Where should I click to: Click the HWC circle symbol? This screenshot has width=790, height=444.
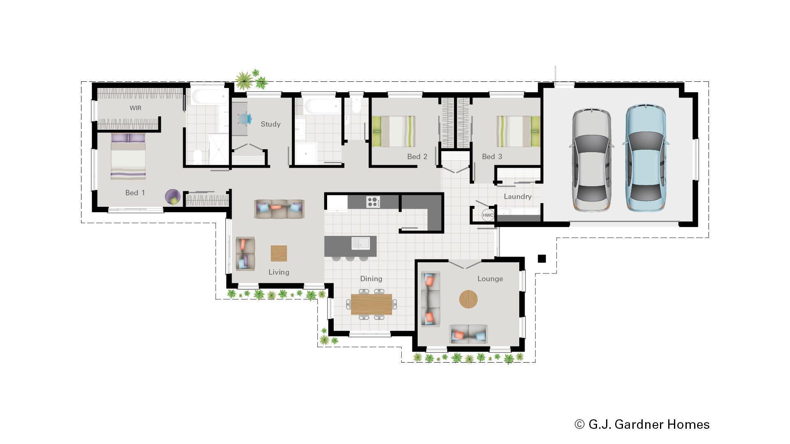pos(488,215)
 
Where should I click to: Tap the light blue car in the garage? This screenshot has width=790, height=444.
pos(645,158)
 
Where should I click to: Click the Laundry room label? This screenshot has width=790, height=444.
pos(518,197)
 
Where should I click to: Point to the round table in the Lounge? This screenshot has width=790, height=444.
pos(468,299)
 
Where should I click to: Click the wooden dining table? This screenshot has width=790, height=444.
pos(371,304)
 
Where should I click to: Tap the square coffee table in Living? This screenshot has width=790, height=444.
pos(279,253)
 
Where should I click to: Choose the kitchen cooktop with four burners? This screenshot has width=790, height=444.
pos(373,201)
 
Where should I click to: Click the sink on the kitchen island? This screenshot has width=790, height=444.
pos(360,243)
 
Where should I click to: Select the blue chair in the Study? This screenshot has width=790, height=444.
pos(245,119)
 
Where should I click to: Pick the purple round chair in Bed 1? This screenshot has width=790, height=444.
pos(173,197)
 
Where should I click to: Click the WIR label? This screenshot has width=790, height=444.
pos(135,108)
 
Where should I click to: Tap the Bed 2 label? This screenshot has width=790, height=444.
pos(417,157)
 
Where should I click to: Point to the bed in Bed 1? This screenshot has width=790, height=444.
pos(128,156)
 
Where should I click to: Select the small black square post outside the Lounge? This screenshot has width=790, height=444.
pos(542,259)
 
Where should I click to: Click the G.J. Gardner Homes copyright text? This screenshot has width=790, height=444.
pos(642,424)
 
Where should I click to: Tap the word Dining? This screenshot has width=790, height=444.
pos(371,279)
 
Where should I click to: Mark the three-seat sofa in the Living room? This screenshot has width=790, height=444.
pos(279,209)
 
